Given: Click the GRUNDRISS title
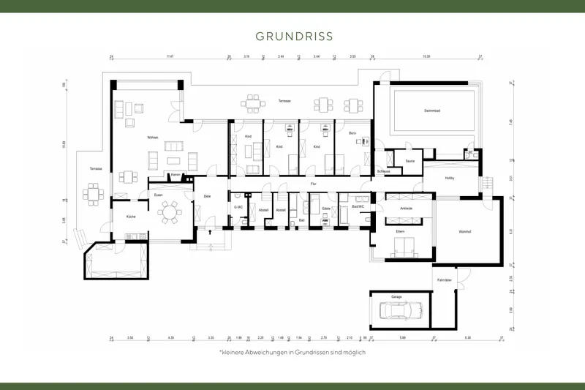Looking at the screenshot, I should [293, 36].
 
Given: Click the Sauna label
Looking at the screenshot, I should [409, 160].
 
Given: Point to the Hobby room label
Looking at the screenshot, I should [450, 179].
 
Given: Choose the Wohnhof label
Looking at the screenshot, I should [465, 232].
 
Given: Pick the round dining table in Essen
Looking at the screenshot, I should [170, 212].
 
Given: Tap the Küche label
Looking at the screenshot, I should [131, 217].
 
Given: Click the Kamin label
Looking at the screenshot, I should [176, 176].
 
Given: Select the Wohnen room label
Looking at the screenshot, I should [152, 137].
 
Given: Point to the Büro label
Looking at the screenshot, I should [352, 132].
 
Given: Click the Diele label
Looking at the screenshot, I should [207, 196].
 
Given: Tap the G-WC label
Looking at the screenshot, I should [238, 207].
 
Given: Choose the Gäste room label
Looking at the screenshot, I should [325, 208].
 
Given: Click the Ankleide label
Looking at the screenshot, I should [406, 209].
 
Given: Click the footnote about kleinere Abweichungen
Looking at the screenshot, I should [292, 352].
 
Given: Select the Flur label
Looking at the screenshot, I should [313, 183].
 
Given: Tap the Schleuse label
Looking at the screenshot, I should [383, 170].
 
